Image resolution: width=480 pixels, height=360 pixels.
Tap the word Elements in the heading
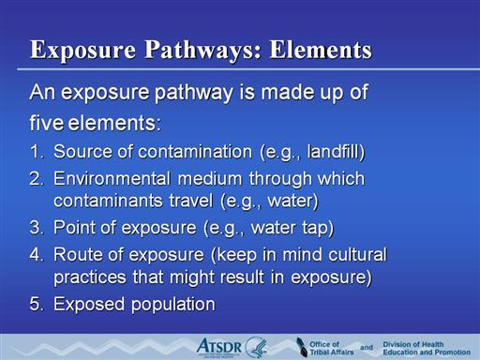click(321, 49)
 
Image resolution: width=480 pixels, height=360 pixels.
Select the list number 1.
click(37, 152)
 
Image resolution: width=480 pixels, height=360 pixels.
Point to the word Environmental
click(112, 179)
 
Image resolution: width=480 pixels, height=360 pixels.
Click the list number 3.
click(37, 228)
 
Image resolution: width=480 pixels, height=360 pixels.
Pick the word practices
click(90, 277)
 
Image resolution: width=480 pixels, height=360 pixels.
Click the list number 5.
click(37, 304)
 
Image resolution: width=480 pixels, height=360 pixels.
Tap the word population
click(173, 305)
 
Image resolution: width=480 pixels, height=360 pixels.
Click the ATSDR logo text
click(219, 347)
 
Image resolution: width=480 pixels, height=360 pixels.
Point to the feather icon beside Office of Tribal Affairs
click(302, 347)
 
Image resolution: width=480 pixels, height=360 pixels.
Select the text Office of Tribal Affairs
click(332, 348)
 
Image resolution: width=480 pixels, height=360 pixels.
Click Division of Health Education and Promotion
click(427, 348)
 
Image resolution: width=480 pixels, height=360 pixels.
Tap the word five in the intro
click(47, 123)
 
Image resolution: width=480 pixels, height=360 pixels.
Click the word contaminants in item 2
click(108, 201)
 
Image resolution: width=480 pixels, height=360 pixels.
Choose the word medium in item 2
click(210, 179)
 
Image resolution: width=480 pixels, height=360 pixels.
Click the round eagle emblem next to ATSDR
click(256, 347)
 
